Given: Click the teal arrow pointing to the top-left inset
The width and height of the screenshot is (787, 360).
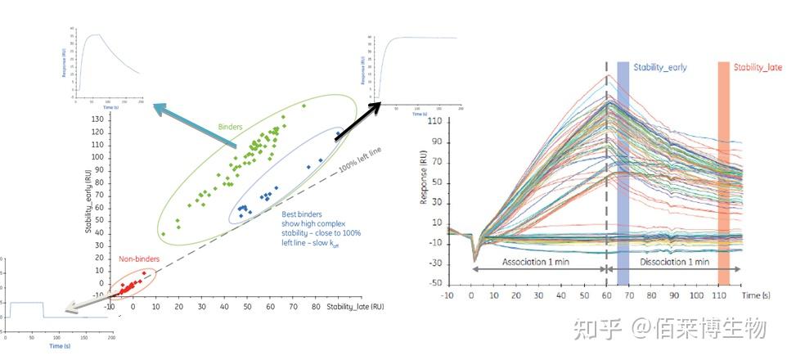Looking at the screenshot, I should click(196, 127).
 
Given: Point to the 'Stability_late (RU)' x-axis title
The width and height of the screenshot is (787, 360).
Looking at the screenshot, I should click(356, 307).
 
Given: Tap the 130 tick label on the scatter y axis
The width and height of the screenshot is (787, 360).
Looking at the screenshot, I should click(98, 119).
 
